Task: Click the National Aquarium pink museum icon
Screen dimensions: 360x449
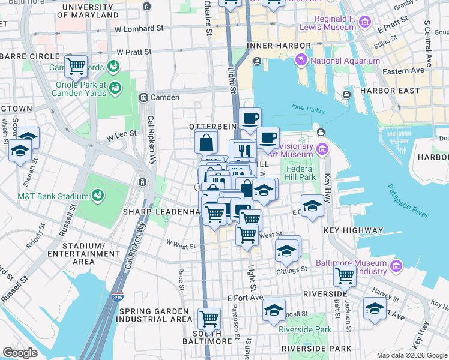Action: pos(301,61)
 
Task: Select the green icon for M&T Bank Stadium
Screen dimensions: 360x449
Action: pos(97,195)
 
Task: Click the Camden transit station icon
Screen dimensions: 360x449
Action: pos(143,97)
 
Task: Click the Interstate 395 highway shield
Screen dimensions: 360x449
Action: pos(118,297)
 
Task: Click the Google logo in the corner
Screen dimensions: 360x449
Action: pos(20,352)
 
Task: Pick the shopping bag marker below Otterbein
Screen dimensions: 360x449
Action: pos(206,143)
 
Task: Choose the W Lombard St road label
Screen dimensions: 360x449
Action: pos(139,28)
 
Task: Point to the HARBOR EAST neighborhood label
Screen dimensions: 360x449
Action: pos(386,91)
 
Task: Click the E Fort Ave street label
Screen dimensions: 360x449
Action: pos(245,298)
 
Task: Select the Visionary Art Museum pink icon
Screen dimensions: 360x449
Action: pos(322,149)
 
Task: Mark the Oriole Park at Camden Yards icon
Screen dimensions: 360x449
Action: pos(114,88)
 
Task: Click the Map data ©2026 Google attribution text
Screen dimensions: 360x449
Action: pos(411,355)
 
